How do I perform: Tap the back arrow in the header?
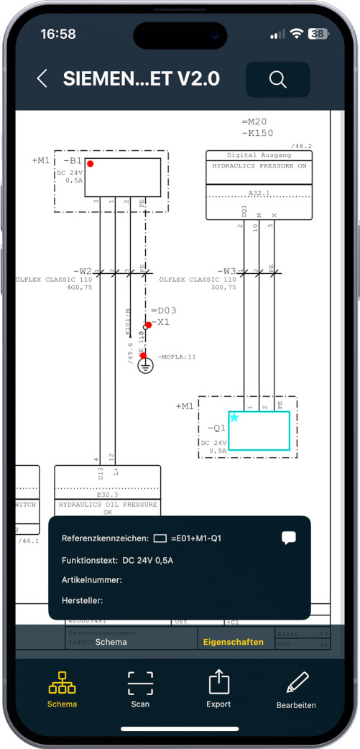pos(42,79)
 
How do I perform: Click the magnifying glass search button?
pos(277,79)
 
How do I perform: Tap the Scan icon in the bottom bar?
pos(140,682)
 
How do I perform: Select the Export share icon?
pos(218,682)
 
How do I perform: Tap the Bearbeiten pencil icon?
pos(296,682)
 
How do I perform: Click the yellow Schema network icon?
pos(62,682)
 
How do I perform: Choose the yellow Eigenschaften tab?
pos(234,642)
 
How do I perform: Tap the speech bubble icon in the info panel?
pos(289,537)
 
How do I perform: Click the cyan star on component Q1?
pos(234,417)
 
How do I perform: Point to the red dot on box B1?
pos(90,164)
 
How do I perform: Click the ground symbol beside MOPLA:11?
pos(145,366)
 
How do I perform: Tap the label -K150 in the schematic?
pos(257,134)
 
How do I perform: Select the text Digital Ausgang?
pos(259,155)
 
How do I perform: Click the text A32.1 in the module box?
pos(259,193)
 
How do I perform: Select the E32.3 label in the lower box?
pos(107,495)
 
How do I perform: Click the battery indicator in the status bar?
pos(318,34)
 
